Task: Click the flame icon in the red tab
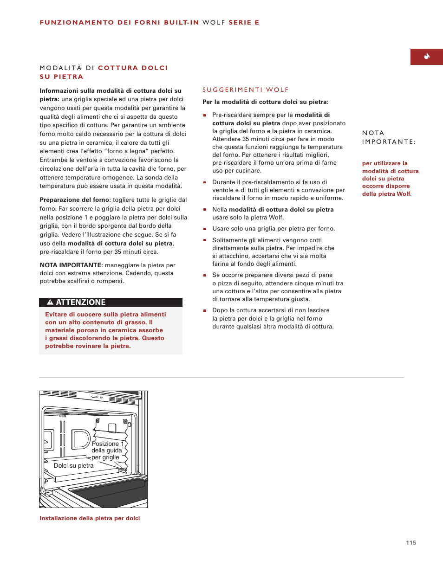[x=426, y=57]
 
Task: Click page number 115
[x=411, y=542]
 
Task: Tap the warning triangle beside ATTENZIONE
[x=50, y=303]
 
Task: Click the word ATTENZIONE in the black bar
[x=81, y=303]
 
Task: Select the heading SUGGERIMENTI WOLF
[x=246, y=90]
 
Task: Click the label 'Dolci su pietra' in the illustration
[x=73, y=465]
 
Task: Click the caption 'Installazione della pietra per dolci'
[x=90, y=518]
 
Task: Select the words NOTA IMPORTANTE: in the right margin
[x=389, y=137]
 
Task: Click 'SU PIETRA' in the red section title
[x=61, y=77]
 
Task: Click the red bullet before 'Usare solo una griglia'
[x=204, y=229]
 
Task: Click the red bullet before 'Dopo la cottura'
[x=204, y=310]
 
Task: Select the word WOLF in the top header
[x=214, y=22]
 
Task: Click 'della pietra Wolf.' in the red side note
[x=387, y=194]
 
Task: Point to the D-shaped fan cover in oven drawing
[x=81, y=439]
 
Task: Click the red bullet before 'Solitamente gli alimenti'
[x=204, y=240]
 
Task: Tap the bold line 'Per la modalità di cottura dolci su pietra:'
[x=265, y=102]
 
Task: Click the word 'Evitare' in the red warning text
[x=56, y=315]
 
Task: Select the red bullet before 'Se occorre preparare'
[x=204, y=275]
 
